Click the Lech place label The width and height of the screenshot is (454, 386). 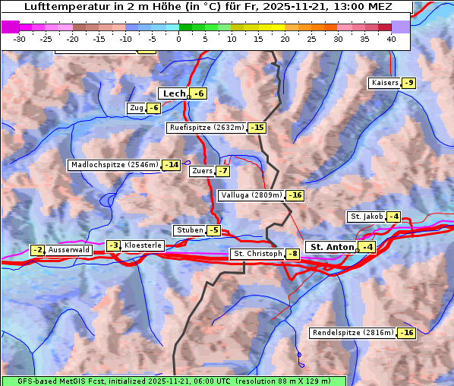click(174, 93)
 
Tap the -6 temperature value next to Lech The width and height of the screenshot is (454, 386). click(199, 93)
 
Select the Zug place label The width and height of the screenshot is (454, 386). click(137, 108)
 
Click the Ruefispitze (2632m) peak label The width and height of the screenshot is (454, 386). click(207, 128)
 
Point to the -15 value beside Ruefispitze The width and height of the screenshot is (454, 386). click(257, 128)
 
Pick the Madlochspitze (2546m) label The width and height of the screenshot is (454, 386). click(114, 165)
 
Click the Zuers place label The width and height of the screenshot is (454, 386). click(202, 171)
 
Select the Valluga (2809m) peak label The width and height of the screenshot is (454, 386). click(251, 195)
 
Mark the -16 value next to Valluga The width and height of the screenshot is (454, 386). click(295, 195)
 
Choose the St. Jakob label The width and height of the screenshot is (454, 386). click(366, 217)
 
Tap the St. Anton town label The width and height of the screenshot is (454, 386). click(333, 247)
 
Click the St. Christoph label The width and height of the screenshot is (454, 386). click(256, 254)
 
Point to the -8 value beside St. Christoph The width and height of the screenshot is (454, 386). click(292, 254)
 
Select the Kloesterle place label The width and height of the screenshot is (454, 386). click(143, 245)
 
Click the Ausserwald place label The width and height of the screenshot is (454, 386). click(69, 249)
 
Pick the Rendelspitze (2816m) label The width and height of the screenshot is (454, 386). click(354, 333)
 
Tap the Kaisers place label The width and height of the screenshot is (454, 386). click(384, 83)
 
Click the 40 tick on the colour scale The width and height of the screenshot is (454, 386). click(391, 38)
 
